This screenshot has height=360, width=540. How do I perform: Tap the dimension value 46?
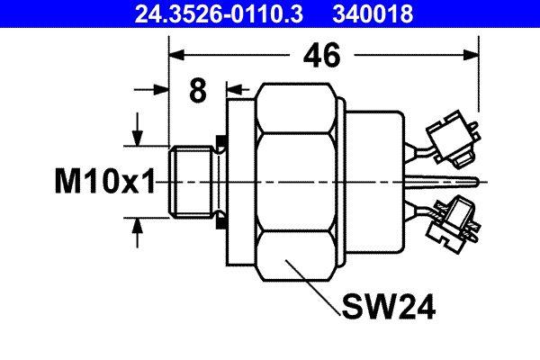point(320,56)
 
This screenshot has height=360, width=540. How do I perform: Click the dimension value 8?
point(198,91)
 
